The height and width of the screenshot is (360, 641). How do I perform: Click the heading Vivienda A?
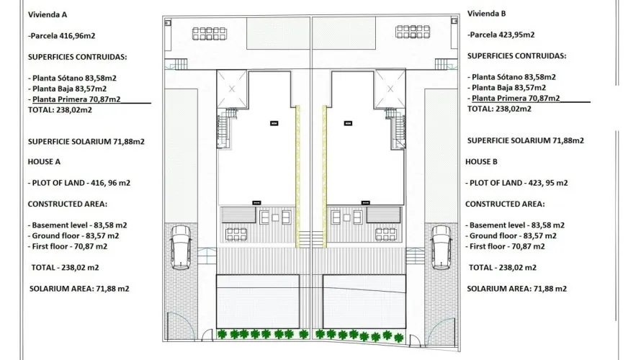(x=48, y=14)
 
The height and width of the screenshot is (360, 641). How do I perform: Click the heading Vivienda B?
(x=487, y=14)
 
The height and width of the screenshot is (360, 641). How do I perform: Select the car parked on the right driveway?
(x=441, y=247)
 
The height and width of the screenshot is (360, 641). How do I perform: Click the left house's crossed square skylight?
(x=232, y=89)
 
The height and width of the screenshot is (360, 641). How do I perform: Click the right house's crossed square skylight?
(x=390, y=89)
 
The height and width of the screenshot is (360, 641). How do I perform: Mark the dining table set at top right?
(x=412, y=34)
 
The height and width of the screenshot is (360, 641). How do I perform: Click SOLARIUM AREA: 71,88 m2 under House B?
(x=516, y=288)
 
